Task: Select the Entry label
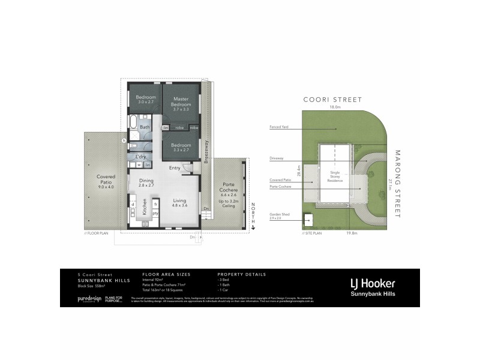[174, 167]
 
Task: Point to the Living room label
[180, 203]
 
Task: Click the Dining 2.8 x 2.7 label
[146, 183]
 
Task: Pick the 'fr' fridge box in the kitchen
[155, 205]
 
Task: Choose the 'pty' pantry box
[155, 213]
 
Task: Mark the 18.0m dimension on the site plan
[335, 107]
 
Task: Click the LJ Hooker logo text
[372, 283]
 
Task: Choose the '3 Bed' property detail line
[225, 278]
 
